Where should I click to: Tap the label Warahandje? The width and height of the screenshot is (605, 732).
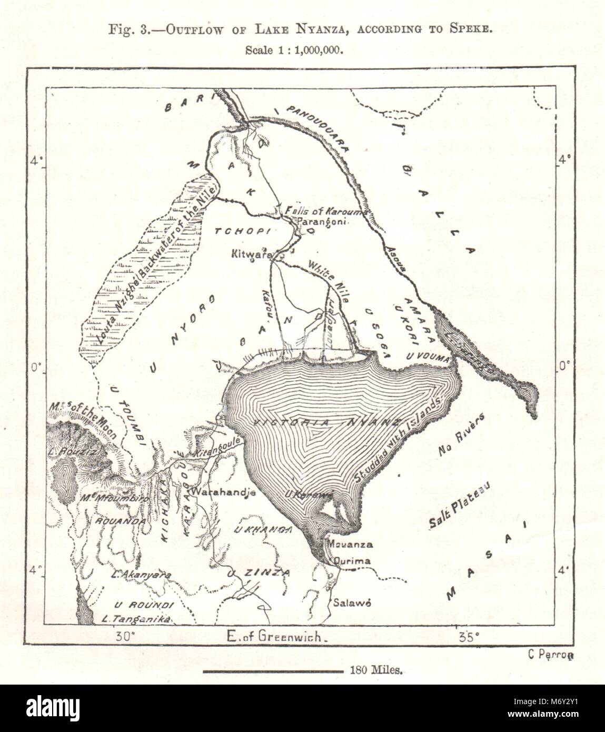[x=224, y=493]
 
